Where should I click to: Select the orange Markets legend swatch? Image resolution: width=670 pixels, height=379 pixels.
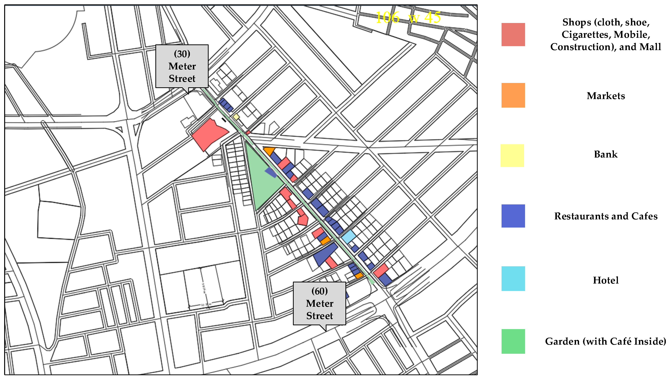[x=513, y=95]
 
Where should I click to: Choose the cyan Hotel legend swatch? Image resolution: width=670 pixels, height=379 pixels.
[x=513, y=278]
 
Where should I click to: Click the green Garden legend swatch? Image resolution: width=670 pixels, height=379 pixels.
[x=513, y=341]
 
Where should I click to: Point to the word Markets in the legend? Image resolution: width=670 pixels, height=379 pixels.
[x=606, y=96]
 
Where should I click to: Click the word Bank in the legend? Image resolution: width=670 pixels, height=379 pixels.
[x=606, y=154]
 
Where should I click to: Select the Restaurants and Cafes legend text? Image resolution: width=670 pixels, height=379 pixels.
[x=606, y=216]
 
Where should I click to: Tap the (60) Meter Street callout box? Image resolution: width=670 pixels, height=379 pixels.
[x=319, y=303]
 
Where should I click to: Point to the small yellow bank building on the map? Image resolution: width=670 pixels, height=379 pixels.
[x=236, y=117]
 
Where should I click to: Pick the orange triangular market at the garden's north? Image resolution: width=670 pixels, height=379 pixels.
[x=269, y=150]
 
